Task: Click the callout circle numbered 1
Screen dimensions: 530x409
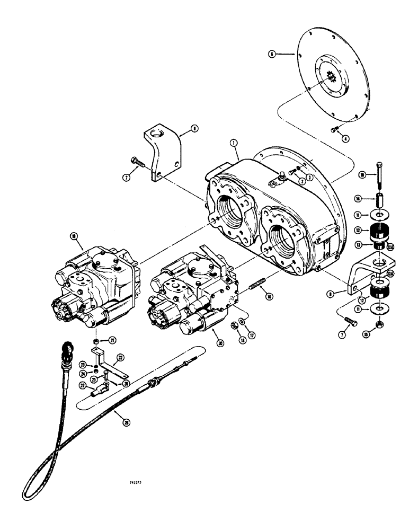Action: click(x=234, y=142)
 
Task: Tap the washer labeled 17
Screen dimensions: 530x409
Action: click(x=241, y=321)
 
